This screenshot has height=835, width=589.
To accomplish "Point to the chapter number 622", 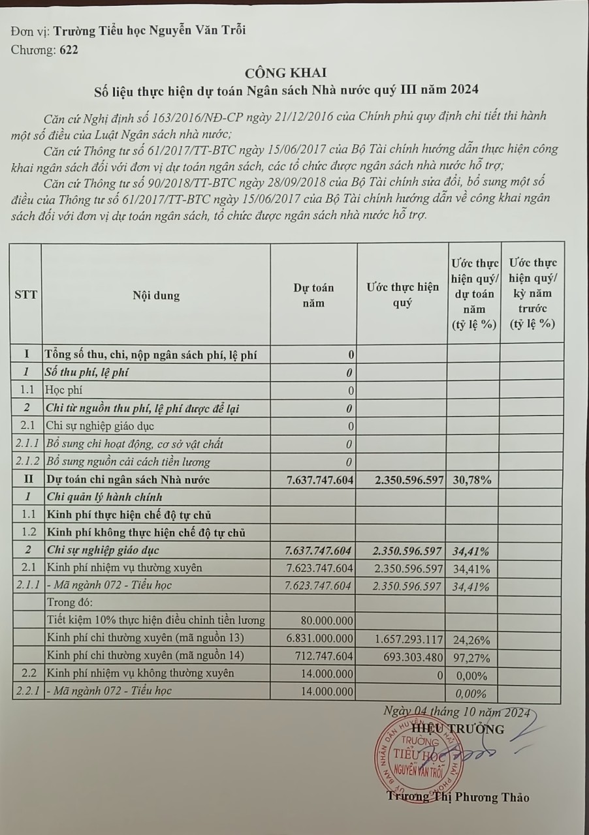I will pyautogui.click(x=68, y=50).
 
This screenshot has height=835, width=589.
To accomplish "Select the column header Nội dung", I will pyautogui.click(x=156, y=296).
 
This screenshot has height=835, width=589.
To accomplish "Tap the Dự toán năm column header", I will pyautogui.click(x=313, y=295).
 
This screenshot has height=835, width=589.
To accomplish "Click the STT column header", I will pyautogui.click(x=26, y=294).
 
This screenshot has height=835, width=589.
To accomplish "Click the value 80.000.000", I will pyautogui.click(x=326, y=620).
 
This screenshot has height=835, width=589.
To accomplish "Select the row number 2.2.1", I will pyautogui.click(x=27, y=691).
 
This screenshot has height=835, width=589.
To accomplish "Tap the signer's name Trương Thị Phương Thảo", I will pyautogui.click(x=457, y=797).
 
